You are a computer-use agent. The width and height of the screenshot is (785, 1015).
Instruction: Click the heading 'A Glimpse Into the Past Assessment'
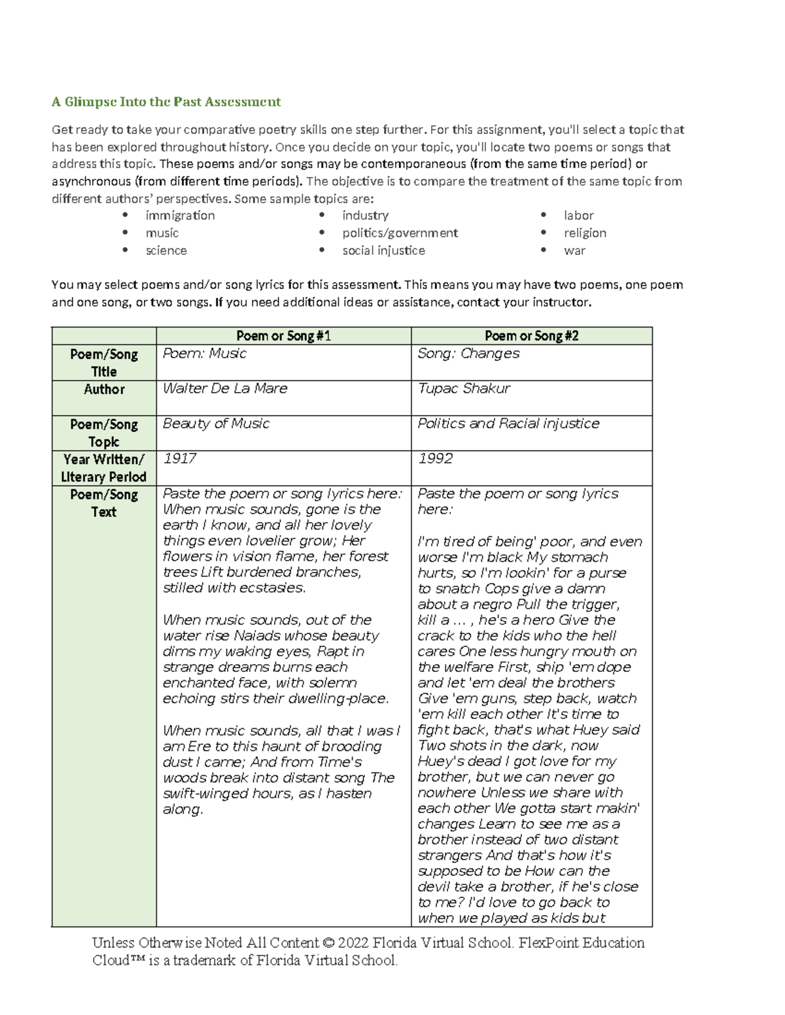[x=166, y=102]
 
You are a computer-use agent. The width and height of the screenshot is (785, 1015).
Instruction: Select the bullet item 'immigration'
[x=180, y=216]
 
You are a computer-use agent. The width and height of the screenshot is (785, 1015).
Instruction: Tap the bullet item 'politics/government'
[x=400, y=233]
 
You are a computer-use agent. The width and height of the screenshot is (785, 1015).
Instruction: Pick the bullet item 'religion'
[x=585, y=233]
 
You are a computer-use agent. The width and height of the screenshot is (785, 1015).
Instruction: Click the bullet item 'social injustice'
[x=383, y=251]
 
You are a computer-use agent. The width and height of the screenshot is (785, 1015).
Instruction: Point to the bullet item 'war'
[x=574, y=251]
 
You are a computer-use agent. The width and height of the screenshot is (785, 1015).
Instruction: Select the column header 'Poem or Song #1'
[x=283, y=336]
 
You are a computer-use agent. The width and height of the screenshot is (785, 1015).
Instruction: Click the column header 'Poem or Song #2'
[x=531, y=336]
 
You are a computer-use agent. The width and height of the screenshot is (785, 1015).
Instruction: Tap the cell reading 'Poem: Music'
[x=205, y=354]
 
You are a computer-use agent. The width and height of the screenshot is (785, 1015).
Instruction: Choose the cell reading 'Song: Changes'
[x=468, y=354]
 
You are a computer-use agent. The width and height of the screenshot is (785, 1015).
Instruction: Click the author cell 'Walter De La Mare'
[x=225, y=389]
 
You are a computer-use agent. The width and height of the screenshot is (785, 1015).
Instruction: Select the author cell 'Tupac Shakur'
[x=464, y=389]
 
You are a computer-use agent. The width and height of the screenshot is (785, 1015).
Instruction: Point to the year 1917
[x=179, y=459]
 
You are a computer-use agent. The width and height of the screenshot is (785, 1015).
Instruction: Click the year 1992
[x=435, y=459]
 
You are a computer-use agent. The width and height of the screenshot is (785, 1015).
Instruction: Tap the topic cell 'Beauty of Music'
[x=216, y=424]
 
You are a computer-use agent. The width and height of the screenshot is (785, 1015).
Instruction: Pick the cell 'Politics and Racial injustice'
[x=508, y=424]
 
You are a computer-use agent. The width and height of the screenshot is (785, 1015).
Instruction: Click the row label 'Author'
[x=104, y=390]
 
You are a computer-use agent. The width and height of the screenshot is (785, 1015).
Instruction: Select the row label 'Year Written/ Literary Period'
[x=104, y=468]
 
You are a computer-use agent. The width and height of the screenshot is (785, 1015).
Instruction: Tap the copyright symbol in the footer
[x=328, y=943]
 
